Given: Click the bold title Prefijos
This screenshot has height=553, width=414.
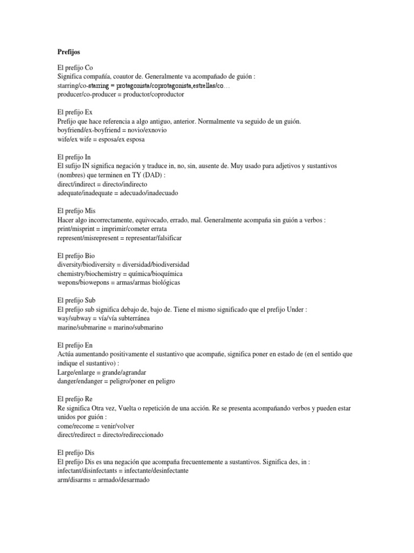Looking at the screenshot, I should click(68, 52).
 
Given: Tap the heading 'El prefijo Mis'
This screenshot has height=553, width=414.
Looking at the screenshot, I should click(76, 211).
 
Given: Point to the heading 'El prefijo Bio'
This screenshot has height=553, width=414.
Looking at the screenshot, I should click(76, 255).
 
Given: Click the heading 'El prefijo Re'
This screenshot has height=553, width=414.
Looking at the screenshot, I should click(75, 398).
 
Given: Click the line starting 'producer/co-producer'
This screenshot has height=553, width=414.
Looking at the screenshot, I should click(120, 95).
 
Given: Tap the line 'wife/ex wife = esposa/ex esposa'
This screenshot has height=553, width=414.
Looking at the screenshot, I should click(101, 139).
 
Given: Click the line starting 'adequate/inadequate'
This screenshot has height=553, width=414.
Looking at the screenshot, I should click(117, 193).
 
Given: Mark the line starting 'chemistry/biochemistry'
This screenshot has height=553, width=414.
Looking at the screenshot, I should click(118, 273).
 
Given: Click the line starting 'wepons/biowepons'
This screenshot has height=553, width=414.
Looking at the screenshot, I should click(119, 282).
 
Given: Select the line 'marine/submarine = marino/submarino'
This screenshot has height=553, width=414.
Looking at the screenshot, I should click(110, 327).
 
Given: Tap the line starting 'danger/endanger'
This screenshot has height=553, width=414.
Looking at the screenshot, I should click(115, 381).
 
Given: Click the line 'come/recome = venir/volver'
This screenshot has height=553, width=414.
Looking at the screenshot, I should click(95, 426).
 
